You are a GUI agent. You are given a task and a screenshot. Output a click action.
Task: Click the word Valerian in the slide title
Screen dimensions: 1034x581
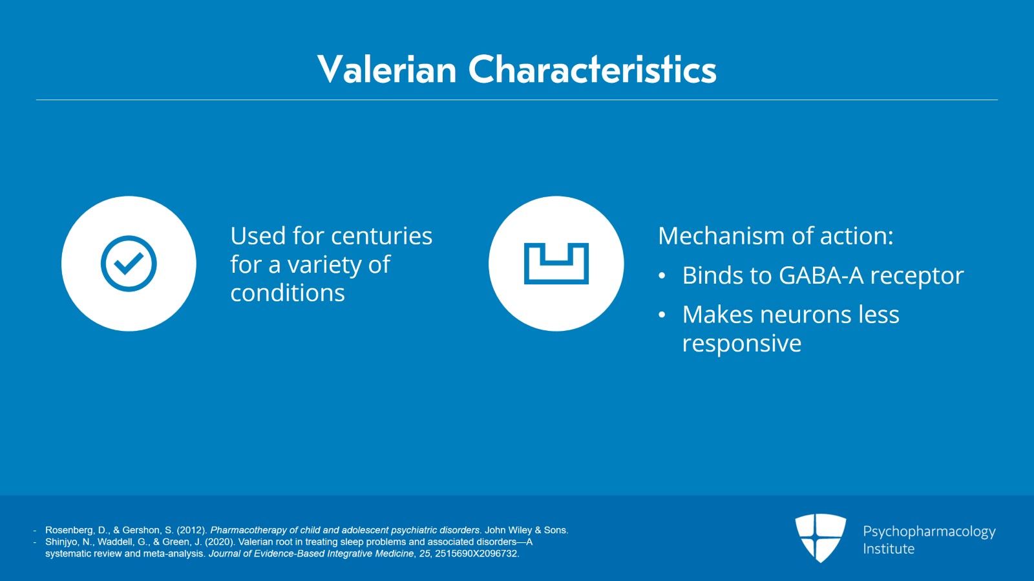pos(387,69)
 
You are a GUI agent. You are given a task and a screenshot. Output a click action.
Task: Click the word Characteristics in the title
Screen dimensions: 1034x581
pos(592,69)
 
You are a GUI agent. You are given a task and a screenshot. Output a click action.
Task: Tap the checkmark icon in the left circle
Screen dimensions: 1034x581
pos(129,264)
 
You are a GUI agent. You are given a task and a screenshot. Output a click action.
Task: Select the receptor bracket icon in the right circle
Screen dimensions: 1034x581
pos(556,264)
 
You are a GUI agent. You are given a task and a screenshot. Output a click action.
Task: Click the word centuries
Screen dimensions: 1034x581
pos(382,236)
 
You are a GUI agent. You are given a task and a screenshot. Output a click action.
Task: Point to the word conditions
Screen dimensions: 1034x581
pos(288,293)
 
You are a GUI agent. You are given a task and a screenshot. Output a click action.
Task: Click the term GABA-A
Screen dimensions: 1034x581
pos(821,275)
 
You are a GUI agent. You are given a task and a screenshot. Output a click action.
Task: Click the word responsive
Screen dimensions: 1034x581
pos(742,344)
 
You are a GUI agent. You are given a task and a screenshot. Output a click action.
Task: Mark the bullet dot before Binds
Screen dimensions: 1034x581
pos(662,276)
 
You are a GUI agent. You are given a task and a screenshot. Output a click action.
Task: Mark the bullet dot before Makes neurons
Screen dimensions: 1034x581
pos(662,315)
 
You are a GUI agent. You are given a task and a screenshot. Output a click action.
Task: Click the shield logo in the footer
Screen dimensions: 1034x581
pos(820,538)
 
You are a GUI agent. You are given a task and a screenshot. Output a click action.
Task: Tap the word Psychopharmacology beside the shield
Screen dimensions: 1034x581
pos(929,532)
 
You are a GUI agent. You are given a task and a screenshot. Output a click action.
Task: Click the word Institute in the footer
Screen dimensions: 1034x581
pos(889,549)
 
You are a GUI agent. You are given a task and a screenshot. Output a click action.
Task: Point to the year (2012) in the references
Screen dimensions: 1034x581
pos(192,530)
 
